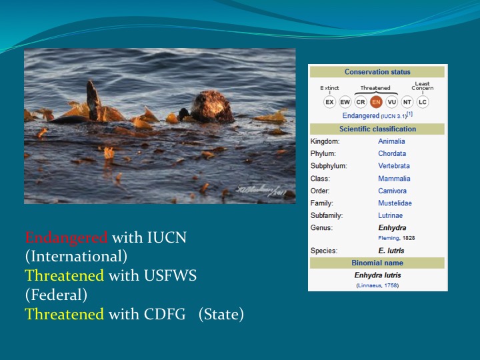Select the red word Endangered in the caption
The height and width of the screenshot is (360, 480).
67,237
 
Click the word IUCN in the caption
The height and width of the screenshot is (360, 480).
167,237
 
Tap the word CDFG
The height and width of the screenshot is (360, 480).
164,314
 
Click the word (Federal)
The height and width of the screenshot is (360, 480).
57,294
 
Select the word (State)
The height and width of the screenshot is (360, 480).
221,314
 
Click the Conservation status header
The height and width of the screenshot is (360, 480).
377,72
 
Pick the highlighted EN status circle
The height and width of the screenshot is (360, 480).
376,102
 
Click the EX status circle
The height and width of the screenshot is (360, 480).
329,102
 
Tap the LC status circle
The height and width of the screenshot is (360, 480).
422,102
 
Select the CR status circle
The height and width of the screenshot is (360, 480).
361,102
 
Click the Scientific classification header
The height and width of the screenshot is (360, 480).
377,129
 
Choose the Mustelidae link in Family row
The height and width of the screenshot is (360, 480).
395,203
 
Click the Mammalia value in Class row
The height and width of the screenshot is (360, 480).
394,179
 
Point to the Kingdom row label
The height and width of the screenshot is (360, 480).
325,141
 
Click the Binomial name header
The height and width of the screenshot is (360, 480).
377,263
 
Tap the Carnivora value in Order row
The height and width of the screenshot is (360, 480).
393,191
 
